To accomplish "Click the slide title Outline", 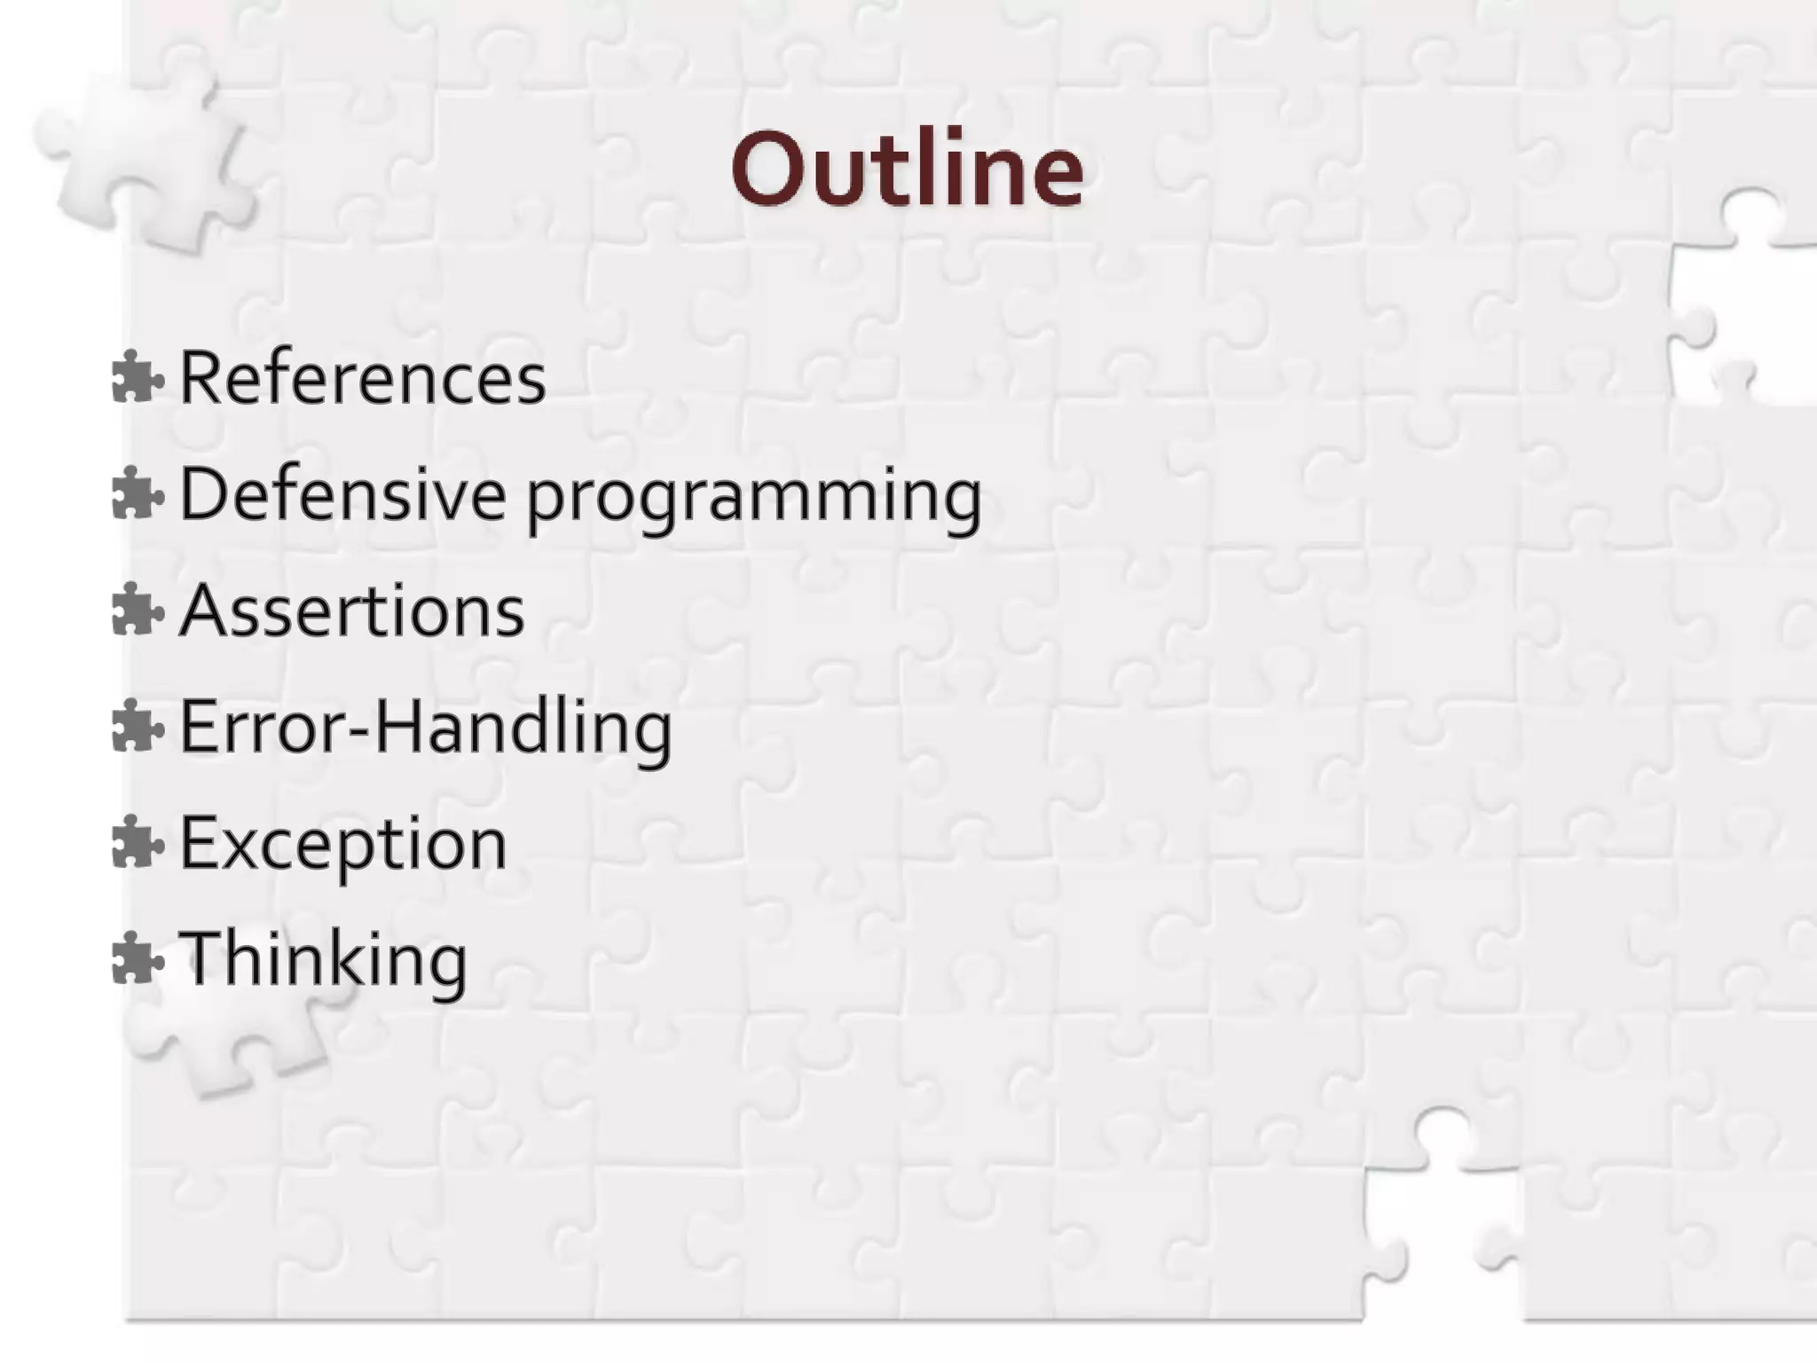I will click(907, 169).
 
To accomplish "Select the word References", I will click(362, 378).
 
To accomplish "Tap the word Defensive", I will click(342, 493).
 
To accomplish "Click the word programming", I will click(754, 497).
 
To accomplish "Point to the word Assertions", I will click(352, 611).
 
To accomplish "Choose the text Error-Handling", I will click(426, 728).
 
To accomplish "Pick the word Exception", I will click(343, 844).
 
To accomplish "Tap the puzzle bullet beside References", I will click(138, 377).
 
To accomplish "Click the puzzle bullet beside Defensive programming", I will click(138, 493).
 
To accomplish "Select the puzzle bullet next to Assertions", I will click(138, 611).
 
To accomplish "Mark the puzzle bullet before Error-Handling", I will click(138, 727).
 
